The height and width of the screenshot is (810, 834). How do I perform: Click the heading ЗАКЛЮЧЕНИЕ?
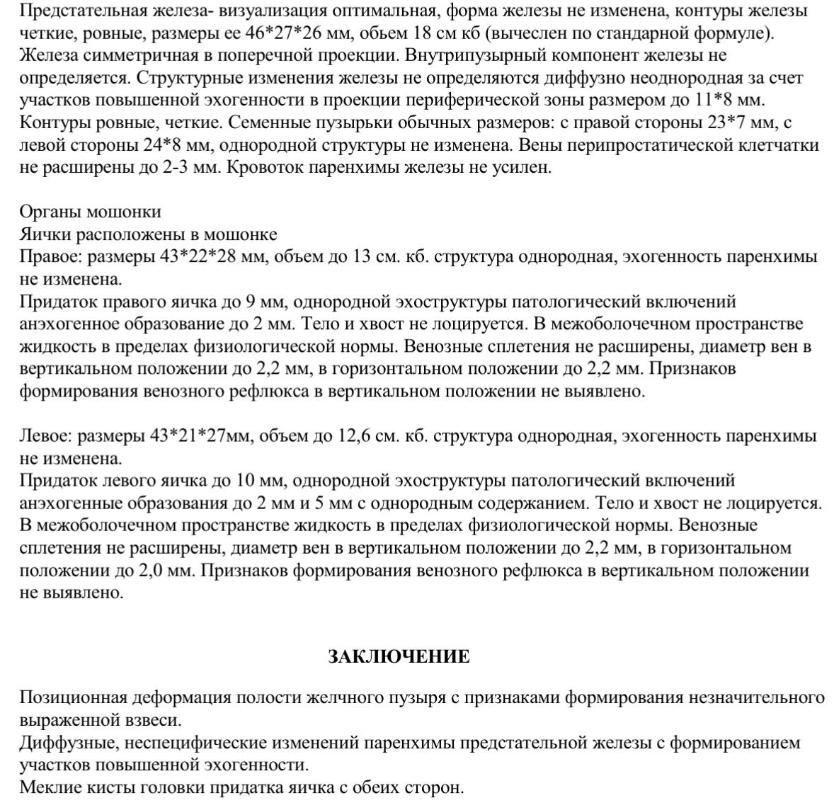tap(399, 656)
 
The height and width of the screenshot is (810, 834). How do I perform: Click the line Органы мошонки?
tap(90, 212)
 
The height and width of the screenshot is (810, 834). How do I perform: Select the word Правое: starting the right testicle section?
tap(45, 256)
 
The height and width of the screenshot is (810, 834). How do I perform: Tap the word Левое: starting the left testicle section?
tap(45, 435)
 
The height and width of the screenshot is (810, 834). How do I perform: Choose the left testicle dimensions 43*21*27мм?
tap(201, 435)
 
